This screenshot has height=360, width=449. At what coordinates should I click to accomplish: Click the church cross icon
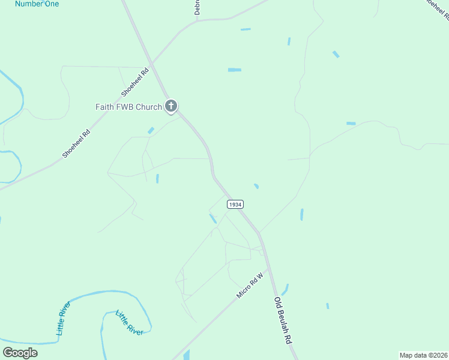click(171, 107)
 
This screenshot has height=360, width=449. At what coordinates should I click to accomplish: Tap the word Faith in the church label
click(105, 107)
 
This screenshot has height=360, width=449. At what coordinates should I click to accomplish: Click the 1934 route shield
click(235, 205)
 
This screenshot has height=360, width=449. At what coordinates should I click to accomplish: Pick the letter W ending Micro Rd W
click(261, 277)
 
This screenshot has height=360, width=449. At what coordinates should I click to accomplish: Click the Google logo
click(20, 352)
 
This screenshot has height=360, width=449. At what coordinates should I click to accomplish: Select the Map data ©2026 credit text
click(423, 355)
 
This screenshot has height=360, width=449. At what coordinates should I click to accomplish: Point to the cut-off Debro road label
click(196, 7)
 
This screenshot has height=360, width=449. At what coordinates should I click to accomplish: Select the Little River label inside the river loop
click(129, 323)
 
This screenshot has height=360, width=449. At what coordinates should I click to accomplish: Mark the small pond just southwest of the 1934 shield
click(213, 219)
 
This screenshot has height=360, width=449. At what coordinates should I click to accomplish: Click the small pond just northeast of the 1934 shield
click(256, 187)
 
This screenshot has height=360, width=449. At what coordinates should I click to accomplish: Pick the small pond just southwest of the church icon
click(151, 130)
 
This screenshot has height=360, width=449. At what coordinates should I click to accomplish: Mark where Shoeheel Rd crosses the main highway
click(154, 62)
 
